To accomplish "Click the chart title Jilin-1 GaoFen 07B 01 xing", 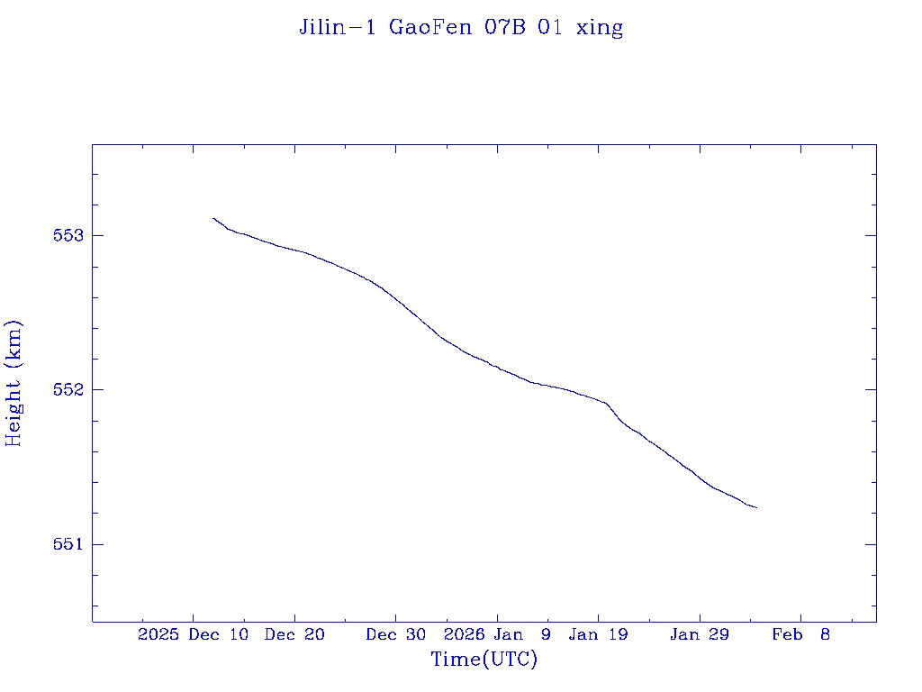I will point(461,27).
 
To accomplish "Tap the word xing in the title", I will point(599,28).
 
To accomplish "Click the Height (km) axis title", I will point(14,383).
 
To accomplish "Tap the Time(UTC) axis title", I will point(484,660).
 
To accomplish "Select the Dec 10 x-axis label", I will point(219,635).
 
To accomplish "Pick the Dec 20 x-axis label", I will point(294,635).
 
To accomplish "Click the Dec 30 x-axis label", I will point(396,635).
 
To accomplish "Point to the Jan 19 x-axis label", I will point(599,635).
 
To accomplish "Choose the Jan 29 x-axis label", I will point(700,635).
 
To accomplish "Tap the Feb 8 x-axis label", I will point(801,635).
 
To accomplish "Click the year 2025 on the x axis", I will point(158,635).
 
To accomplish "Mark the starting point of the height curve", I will point(213,218).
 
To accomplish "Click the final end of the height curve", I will point(756,508).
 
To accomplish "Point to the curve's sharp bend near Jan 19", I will point(608,404).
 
